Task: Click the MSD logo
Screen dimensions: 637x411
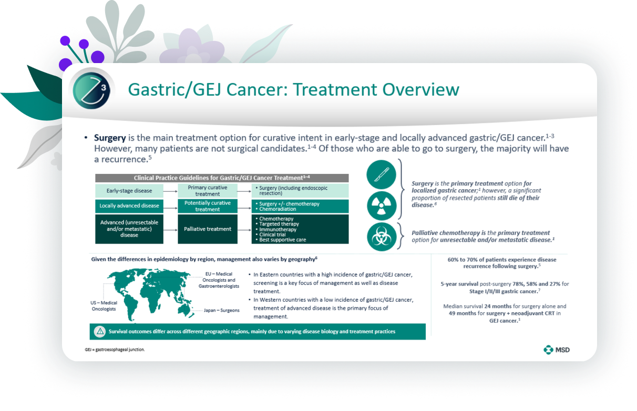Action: click(x=556, y=350)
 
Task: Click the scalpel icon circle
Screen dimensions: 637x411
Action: click(x=382, y=174)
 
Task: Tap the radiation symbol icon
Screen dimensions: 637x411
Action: click(x=382, y=205)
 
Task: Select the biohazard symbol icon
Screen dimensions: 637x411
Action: click(x=382, y=237)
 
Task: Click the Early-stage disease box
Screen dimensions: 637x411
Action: click(x=129, y=191)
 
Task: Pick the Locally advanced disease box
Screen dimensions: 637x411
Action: click(x=129, y=206)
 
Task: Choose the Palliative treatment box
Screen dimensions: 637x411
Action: click(x=208, y=229)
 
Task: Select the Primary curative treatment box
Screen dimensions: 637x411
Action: click(x=208, y=191)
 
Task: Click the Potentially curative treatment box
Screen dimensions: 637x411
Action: click(x=208, y=206)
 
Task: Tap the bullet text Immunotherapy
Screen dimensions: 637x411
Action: click(x=278, y=229)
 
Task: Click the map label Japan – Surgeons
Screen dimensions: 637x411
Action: click(x=221, y=310)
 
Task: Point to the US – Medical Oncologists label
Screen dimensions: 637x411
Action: click(x=104, y=306)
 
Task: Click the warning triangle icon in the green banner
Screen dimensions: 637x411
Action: click(x=100, y=331)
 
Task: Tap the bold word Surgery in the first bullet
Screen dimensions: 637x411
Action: click(x=110, y=138)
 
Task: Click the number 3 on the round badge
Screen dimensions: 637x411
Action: click(x=104, y=88)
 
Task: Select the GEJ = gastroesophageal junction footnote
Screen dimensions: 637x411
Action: click(x=115, y=350)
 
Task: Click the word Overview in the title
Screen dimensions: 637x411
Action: click(x=420, y=89)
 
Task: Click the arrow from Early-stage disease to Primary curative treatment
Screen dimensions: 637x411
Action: click(x=171, y=191)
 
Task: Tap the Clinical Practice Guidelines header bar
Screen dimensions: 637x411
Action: click(x=222, y=178)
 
